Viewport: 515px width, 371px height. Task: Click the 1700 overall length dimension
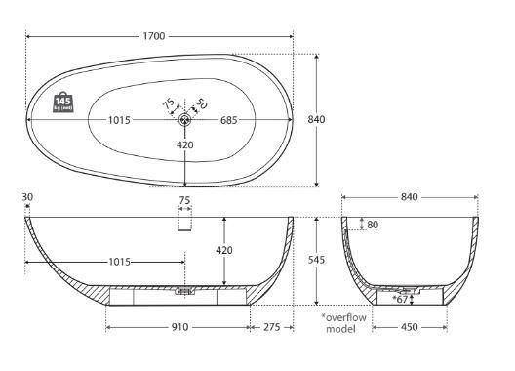pyautogui.click(x=154, y=36)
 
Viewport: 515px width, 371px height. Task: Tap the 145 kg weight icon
pyautogui.click(x=63, y=102)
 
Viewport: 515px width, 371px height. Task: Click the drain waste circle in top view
pyautogui.click(x=185, y=120)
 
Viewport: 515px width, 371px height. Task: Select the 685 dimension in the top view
pyautogui.click(x=228, y=120)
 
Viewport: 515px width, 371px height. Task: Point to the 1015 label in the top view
pyautogui.click(x=119, y=120)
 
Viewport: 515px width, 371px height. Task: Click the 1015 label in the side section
pyautogui.click(x=120, y=262)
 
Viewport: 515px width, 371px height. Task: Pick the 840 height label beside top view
pyautogui.click(x=316, y=119)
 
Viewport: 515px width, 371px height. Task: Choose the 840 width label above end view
pyautogui.click(x=410, y=197)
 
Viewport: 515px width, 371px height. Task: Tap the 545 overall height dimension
pyautogui.click(x=316, y=260)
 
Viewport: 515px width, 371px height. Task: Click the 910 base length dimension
pyautogui.click(x=180, y=327)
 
